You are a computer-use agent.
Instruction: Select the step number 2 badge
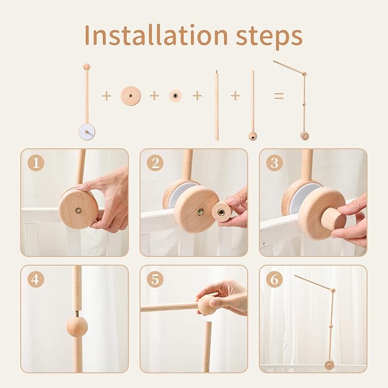click(155, 163)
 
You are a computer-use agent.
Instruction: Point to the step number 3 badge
click(274, 163)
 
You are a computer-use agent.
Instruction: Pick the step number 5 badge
click(155, 280)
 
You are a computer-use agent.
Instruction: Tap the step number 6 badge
click(274, 280)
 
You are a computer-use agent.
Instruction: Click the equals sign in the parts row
click(278, 96)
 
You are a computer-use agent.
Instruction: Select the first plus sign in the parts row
click(106, 96)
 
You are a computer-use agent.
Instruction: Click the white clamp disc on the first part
click(87, 132)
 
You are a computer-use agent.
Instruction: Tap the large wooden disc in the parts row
click(131, 96)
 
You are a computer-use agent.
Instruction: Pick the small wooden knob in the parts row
click(175, 96)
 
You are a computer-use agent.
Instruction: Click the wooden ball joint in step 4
click(77, 326)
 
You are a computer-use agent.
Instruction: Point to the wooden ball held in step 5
click(207, 304)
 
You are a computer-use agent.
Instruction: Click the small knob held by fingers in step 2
click(221, 213)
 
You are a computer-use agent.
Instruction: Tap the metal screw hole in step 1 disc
click(78, 210)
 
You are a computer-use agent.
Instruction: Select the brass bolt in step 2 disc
click(201, 211)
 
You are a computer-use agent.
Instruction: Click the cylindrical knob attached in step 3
click(333, 218)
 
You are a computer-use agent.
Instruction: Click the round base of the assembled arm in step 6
click(329, 364)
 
